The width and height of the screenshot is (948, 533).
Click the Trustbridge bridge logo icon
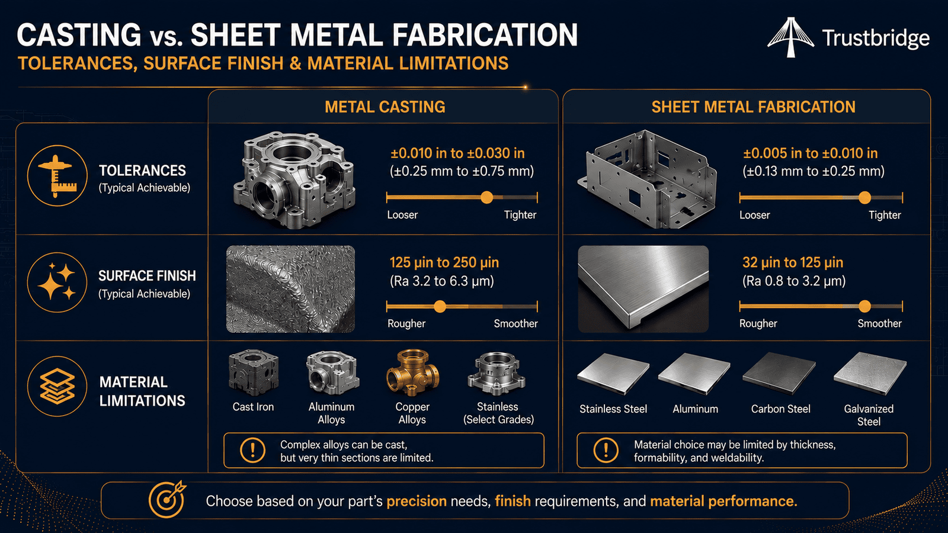tap(790, 37)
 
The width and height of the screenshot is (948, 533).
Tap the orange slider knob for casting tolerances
tap(486, 197)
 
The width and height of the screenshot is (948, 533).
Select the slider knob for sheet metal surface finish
tap(864, 306)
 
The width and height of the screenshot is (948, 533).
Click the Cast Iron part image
tap(253, 373)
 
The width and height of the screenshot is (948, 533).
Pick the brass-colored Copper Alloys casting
tap(412, 373)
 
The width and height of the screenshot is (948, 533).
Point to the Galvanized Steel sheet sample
tap(870, 374)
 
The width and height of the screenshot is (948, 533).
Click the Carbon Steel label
tap(780, 409)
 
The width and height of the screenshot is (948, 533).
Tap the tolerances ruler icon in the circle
tap(57, 175)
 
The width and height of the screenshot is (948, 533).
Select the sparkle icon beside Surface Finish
tap(57, 282)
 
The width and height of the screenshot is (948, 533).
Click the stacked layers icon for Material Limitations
tap(57, 386)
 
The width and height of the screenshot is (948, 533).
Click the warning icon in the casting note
tap(252, 450)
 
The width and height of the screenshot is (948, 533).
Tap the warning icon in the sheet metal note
tap(606, 450)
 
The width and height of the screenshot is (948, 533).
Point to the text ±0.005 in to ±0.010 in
tap(811, 153)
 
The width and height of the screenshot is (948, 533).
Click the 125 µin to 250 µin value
tap(444, 263)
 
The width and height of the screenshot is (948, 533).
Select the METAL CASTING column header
tap(385, 107)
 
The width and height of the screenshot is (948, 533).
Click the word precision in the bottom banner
tap(417, 501)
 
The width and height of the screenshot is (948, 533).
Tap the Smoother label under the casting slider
tap(515, 323)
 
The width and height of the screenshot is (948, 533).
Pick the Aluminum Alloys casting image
tap(332, 373)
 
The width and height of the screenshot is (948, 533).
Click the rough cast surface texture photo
tap(290, 289)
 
